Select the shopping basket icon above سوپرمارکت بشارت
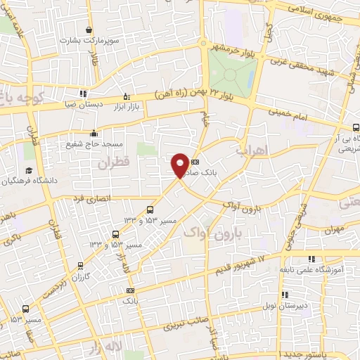pyautogui.click(x=89, y=30)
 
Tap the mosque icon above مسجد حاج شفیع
pyautogui.click(x=93, y=133)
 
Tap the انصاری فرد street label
pyautogui.click(x=91, y=199)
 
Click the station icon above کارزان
pyautogui.click(x=81, y=265)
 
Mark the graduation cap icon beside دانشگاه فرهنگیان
pyautogui.click(x=29, y=170)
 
